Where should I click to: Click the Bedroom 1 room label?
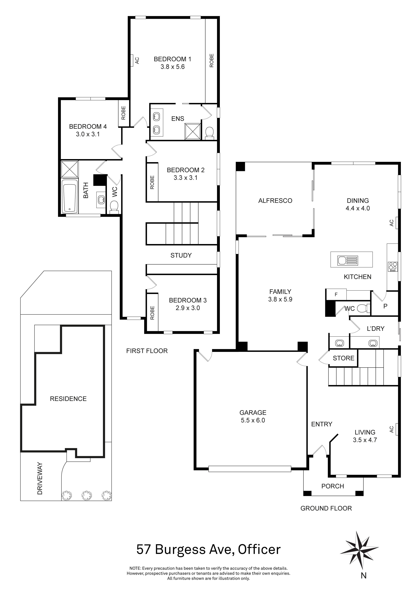click(x=172, y=59)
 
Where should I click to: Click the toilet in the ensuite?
click(x=210, y=133)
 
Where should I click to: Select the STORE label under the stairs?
click(x=343, y=358)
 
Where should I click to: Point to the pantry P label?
click(x=385, y=306)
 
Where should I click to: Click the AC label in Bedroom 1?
click(x=137, y=61)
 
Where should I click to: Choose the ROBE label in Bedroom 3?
click(x=152, y=313)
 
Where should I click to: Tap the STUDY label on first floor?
click(x=181, y=255)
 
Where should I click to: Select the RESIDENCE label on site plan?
click(x=68, y=399)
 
